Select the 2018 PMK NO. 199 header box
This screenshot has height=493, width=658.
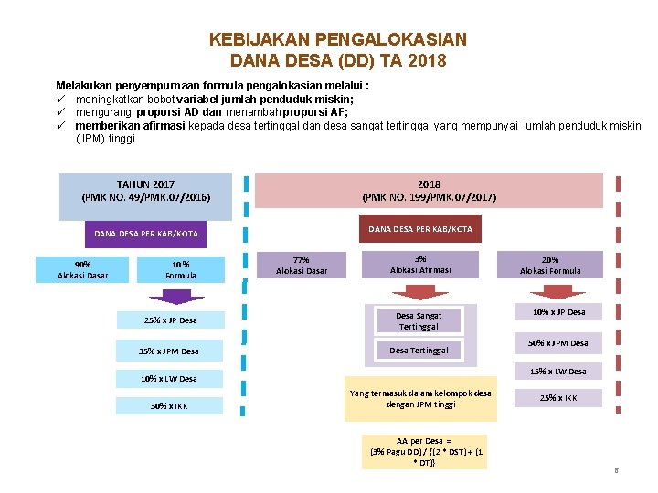[429, 191]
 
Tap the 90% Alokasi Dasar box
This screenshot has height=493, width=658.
[82, 269]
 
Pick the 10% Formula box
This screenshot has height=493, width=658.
[181, 269]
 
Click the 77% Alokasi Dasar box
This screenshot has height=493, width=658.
[302, 265]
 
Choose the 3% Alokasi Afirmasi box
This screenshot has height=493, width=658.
[420, 264]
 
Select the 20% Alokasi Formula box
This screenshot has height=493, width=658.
[550, 265]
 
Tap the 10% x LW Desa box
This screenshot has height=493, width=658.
[169, 378]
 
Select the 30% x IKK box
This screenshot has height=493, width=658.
[169, 406]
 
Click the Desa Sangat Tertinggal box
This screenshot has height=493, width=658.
[419, 320]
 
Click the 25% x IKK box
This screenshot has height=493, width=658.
[557, 398]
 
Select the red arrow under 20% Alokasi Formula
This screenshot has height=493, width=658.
[557, 291]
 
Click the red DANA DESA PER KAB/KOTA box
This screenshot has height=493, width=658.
[420, 229]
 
